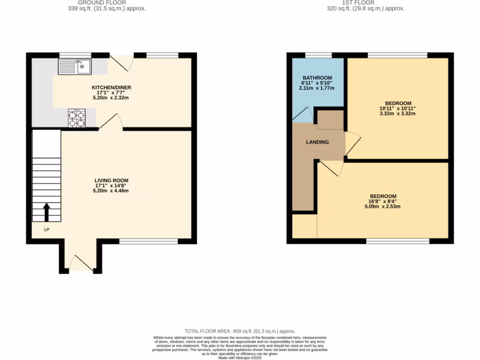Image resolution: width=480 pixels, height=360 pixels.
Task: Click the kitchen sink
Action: coord(75,67)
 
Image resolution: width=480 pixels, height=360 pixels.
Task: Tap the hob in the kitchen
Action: coord(76,118)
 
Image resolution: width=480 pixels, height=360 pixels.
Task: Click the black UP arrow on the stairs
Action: coord(47,212)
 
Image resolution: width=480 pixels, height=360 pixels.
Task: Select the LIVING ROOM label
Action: coord(111,180)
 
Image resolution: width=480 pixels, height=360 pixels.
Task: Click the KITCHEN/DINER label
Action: coord(111,88)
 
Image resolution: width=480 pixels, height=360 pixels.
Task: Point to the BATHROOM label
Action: coord(317,78)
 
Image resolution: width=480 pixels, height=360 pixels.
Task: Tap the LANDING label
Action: coord(317,142)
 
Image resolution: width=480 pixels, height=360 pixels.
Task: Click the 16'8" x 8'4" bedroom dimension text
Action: coord(383,202)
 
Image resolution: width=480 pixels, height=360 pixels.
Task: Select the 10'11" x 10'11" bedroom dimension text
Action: coord(397,109)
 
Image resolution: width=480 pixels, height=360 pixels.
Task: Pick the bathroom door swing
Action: coord(303,114)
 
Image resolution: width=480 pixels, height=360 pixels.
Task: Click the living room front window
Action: coord(148,241)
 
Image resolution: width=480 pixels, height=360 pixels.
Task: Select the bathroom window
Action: coord(318,55)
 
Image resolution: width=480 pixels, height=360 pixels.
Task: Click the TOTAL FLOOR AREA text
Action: coord(240,331)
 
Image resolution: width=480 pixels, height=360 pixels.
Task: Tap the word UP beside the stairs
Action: coord(46,230)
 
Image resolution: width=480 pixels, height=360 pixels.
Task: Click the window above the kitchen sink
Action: coord(75,55)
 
